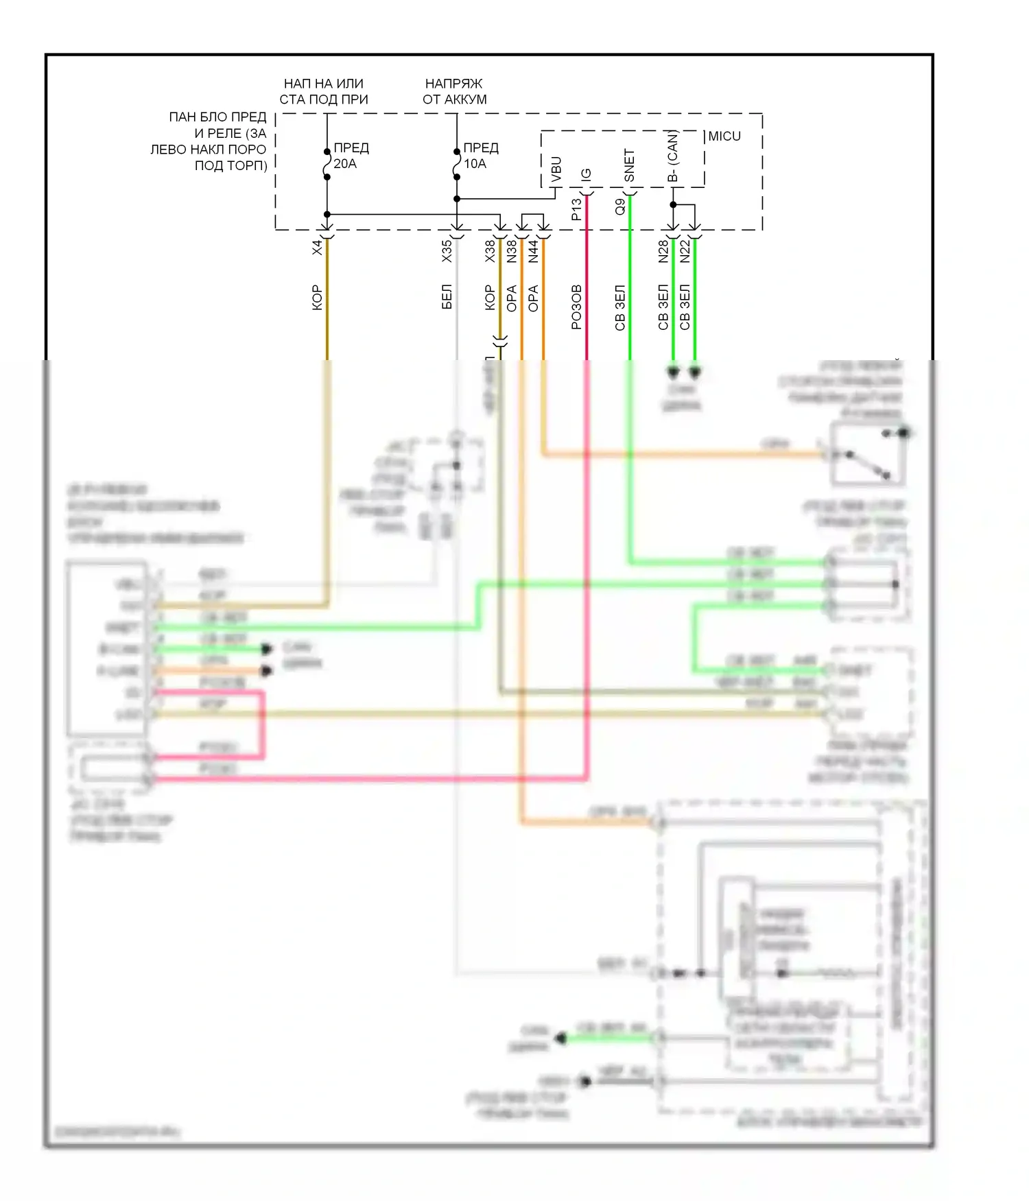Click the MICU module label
(724, 136)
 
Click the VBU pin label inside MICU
(556, 170)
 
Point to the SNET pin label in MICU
(629, 166)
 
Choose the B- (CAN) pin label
(673, 157)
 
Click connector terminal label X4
(317, 248)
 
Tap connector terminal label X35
(447, 250)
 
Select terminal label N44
(534, 251)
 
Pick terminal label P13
(576, 209)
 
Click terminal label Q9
(620, 206)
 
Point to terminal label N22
(685, 251)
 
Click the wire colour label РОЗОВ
(576, 307)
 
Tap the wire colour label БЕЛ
(447, 296)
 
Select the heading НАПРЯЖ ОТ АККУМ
(454, 91)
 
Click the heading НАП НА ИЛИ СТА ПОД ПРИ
(324, 91)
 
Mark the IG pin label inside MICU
(586, 175)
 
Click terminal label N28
(663, 251)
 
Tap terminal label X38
(490, 251)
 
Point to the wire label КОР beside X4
(317, 298)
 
